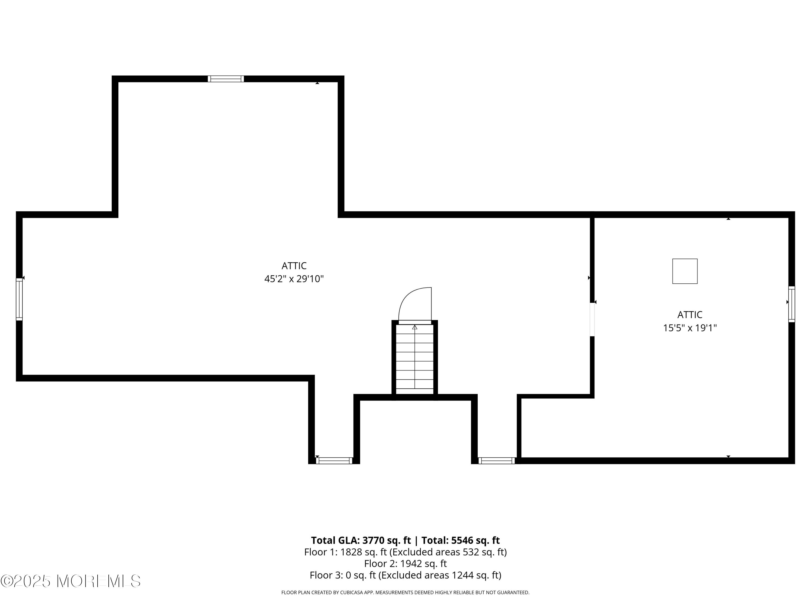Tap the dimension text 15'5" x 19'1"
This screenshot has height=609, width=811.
click(x=690, y=328)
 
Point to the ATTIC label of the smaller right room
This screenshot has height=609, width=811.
click(x=690, y=315)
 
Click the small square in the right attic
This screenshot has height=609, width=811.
click(x=684, y=271)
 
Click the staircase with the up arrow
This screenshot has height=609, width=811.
click(x=415, y=358)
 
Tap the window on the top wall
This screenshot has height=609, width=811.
click(x=225, y=79)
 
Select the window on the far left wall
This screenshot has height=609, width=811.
click(x=19, y=299)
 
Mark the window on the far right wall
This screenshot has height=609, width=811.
click(x=792, y=304)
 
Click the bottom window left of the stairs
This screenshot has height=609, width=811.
click(x=334, y=460)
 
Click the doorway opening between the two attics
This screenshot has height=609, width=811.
click(x=592, y=319)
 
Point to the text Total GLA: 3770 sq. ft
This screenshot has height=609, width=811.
click(x=361, y=540)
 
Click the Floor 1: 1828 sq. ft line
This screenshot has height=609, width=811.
click(x=405, y=552)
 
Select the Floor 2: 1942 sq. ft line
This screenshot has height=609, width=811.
click(x=405, y=564)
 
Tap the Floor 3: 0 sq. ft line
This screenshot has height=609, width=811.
click(x=405, y=575)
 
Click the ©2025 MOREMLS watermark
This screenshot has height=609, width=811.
click(x=70, y=581)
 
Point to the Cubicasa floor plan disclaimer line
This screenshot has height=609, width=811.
click(x=405, y=592)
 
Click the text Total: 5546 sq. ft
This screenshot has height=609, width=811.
click(x=460, y=540)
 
